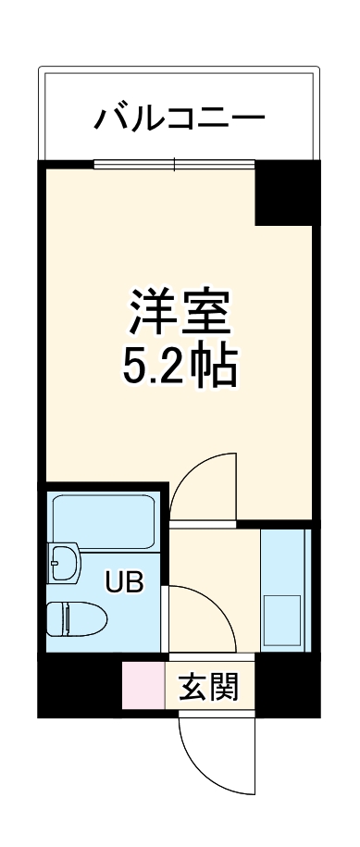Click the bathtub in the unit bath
104,520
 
